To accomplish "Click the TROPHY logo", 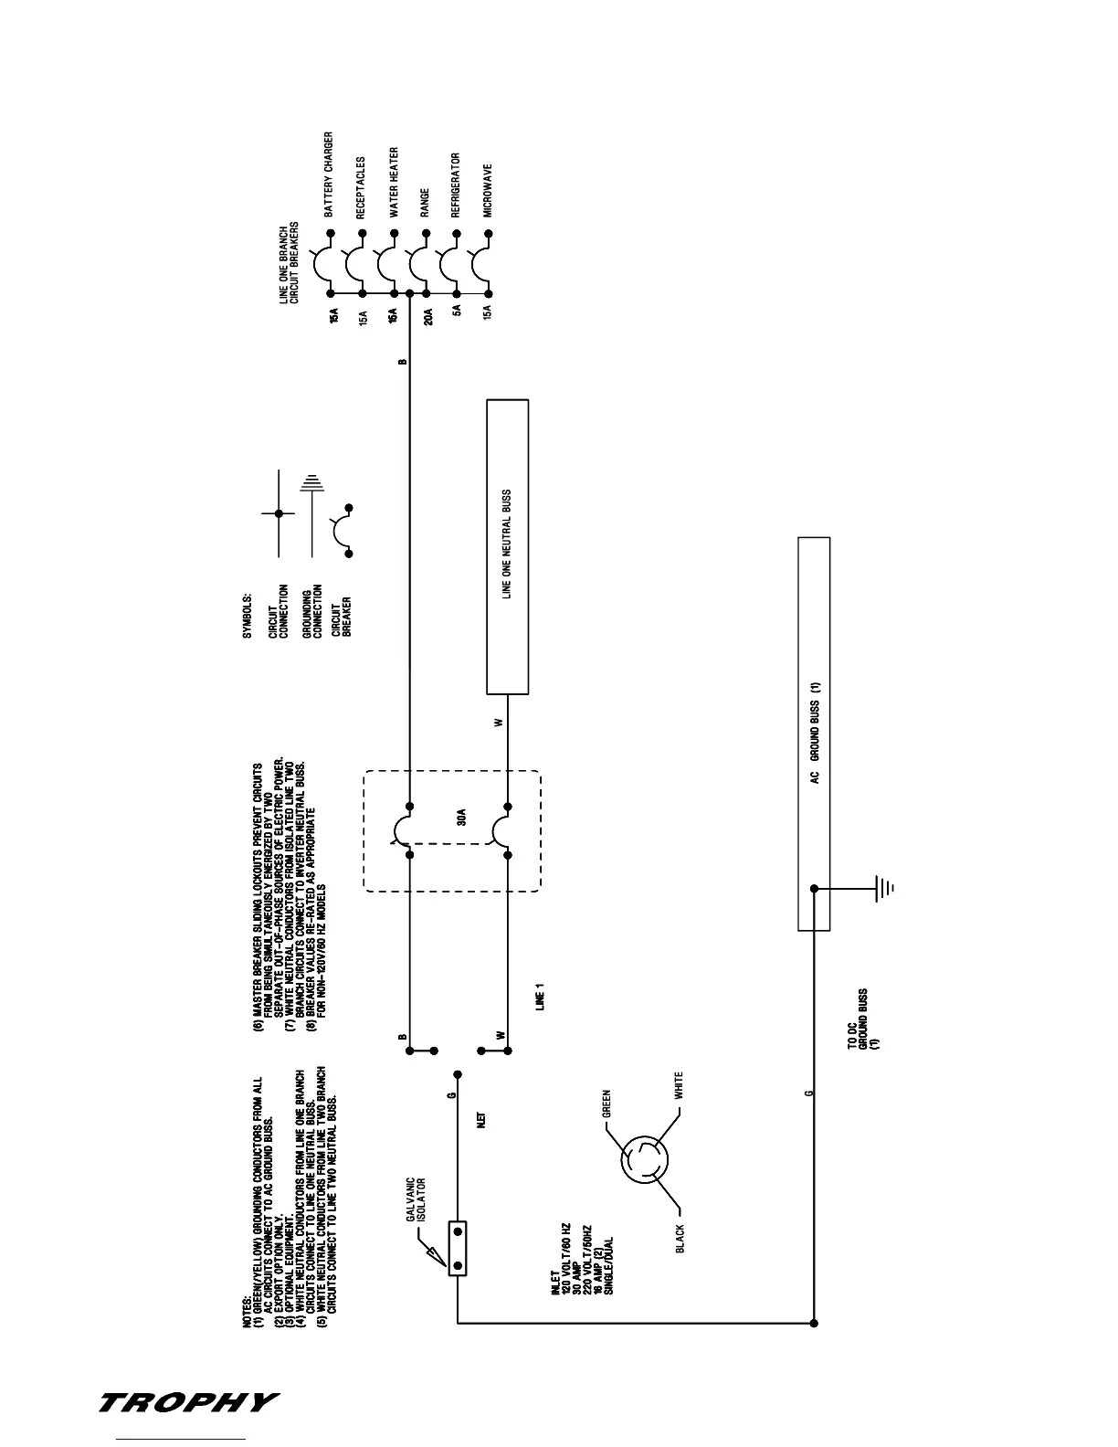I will click(x=187, y=1402).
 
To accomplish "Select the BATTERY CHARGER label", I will click(x=329, y=174).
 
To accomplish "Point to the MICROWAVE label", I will click(x=489, y=190).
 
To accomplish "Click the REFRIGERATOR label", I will click(x=456, y=185).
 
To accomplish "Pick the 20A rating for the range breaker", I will click(x=427, y=318).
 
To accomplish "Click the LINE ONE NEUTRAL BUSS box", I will click(x=507, y=546).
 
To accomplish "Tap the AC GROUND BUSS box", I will click(x=814, y=733).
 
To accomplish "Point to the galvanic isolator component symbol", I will click(x=458, y=1248).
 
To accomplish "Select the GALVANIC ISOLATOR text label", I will click(x=417, y=1199).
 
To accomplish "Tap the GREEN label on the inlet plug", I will click(x=606, y=1104).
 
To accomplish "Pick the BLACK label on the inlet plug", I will click(x=680, y=1240).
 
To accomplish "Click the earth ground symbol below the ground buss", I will click(x=883, y=887).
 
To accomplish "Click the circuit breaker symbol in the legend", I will click(x=343, y=530).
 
